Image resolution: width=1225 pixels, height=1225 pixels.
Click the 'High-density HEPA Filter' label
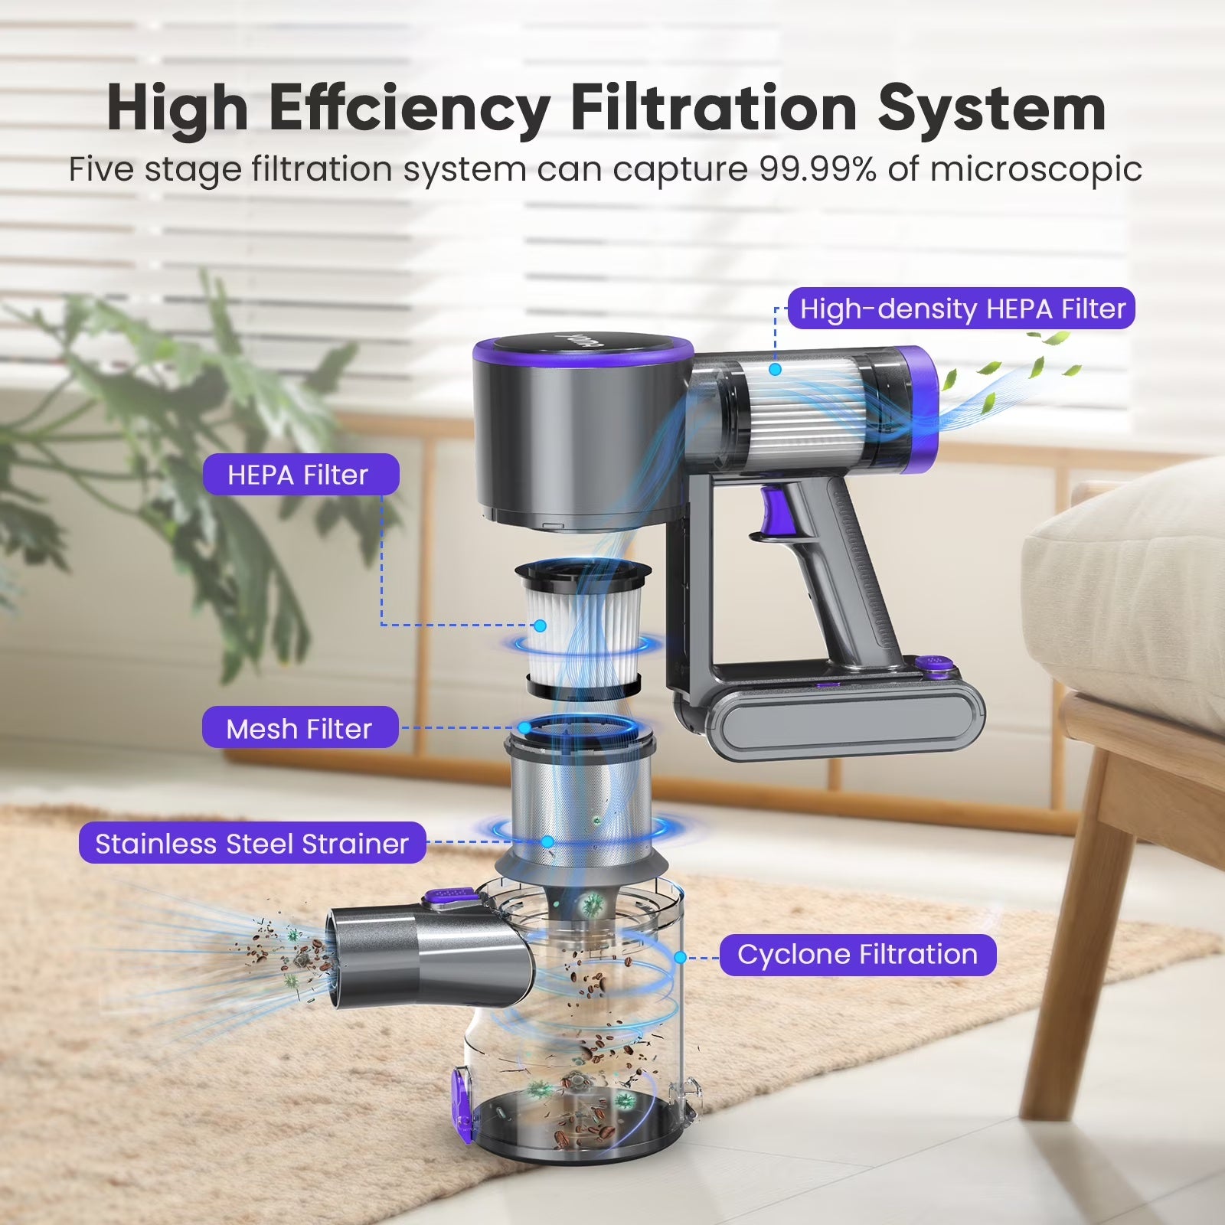pos(961,309)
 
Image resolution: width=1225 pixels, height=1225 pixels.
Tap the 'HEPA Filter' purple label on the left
pos(300,475)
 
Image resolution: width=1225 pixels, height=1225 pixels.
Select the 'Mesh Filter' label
pos(300,728)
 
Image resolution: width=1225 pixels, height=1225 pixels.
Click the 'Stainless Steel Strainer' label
pos(253,843)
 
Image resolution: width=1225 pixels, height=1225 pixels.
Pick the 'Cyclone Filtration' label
pos(857,955)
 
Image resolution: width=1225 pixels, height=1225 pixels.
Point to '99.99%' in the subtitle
pos(818,169)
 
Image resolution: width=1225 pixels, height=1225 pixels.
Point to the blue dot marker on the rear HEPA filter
pos(776,369)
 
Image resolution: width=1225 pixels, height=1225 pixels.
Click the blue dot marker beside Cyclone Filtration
pos(679,956)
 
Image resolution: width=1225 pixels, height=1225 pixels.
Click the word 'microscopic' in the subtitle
pos(1036,170)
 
